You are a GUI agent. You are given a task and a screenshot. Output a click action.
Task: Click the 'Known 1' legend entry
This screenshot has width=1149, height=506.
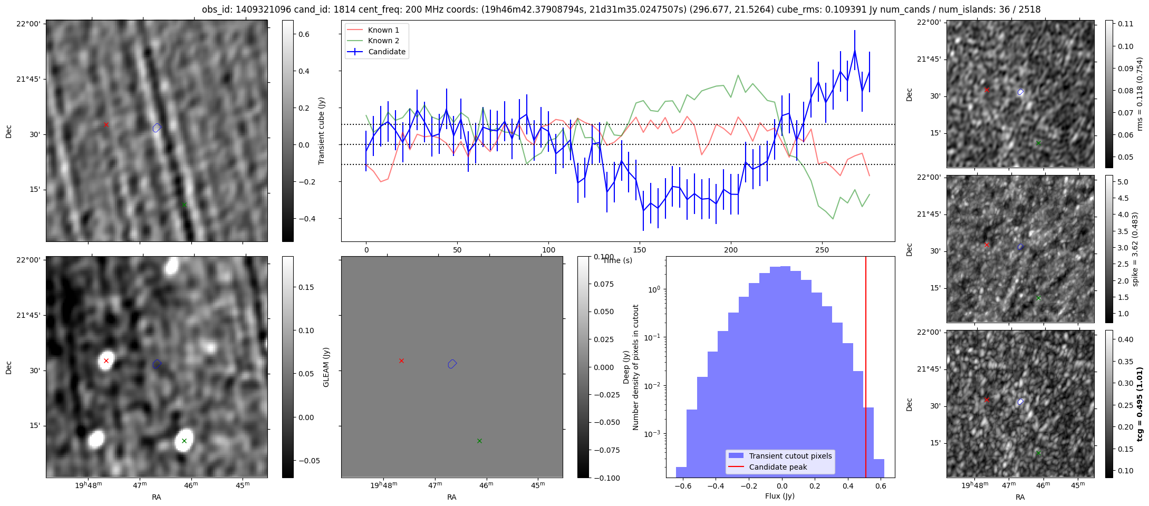[383, 30]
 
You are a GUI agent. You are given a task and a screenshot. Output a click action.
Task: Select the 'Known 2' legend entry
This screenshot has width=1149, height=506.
[383, 41]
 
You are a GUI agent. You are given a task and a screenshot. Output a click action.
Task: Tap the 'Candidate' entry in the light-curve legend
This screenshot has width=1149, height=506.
[387, 52]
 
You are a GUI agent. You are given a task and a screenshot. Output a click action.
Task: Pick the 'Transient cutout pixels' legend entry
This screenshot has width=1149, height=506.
[790, 456]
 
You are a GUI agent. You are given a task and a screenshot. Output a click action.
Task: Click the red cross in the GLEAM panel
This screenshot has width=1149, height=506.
[401, 361]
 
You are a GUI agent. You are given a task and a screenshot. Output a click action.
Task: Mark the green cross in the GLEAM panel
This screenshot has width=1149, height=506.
[479, 441]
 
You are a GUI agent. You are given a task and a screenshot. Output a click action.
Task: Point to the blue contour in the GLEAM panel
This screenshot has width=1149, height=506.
[452, 364]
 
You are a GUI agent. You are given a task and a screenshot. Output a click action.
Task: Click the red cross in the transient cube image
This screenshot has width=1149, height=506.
[106, 125]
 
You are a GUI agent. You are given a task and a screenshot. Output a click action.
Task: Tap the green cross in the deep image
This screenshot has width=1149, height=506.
[184, 441]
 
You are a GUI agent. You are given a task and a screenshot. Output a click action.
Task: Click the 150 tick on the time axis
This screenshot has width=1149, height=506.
[640, 250]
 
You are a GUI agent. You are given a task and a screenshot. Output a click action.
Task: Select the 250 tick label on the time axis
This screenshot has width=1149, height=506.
[822, 250]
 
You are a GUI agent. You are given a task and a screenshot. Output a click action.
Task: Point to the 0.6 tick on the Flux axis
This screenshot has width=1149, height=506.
[881, 486]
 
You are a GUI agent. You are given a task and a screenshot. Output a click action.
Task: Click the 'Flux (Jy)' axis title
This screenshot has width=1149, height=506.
[779, 496]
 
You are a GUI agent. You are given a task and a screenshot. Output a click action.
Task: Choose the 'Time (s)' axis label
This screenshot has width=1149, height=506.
[617, 260]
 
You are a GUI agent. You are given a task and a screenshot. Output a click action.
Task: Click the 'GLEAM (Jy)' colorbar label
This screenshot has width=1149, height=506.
[326, 367]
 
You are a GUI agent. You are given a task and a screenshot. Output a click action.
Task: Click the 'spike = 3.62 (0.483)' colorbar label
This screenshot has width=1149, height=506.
[1135, 249]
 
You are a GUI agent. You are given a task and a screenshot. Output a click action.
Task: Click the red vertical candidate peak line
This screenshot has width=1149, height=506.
[866, 369]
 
